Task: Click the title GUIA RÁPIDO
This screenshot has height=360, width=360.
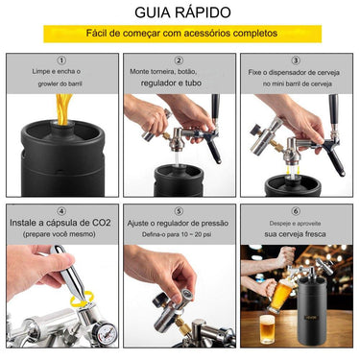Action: pos(182,12)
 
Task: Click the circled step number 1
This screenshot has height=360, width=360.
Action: pos(61,60)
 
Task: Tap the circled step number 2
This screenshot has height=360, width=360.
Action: pos(179,60)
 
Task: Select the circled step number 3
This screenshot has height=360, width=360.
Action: pos(296,60)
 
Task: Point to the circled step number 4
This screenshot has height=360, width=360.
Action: pos(61,211)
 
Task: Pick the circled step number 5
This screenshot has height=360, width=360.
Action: pos(179,211)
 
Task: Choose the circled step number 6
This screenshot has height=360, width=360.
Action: pos(296,211)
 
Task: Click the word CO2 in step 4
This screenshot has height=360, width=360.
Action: pos(102,223)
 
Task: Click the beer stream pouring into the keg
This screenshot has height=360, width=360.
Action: pos(63,109)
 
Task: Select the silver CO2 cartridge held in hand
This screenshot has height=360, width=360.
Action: pos(68,273)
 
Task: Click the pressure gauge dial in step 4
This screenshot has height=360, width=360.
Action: pos(105,334)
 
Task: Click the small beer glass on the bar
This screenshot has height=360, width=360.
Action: pos(267,329)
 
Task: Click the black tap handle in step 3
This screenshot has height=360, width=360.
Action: pos(333,109)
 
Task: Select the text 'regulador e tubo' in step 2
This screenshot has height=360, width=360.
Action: pos(171,83)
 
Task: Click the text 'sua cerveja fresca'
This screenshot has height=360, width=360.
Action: pos(295,234)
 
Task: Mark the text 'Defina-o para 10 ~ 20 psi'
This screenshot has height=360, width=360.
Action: pos(177,234)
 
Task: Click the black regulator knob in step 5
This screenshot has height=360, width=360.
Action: pos(159,300)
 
